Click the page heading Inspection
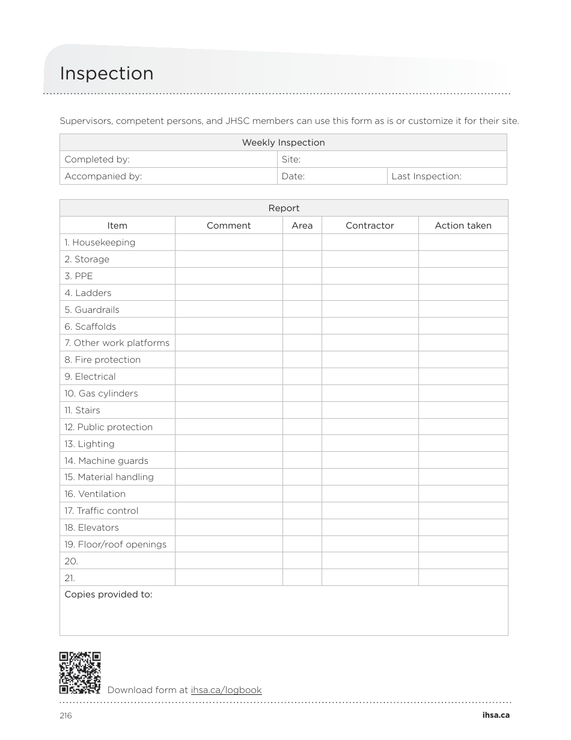point(106,73)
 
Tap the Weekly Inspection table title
point(283,143)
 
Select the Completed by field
point(168,159)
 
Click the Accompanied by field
point(168,176)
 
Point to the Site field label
point(291,159)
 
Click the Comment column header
point(228,226)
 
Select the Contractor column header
point(370,226)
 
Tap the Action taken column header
point(463,226)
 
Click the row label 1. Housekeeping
point(100,242)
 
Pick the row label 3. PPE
point(79,276)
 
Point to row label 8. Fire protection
point(102,360)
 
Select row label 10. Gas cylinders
point(101,393)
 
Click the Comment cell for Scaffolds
point(228,327)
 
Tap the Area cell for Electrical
point(302,377)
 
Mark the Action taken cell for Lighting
point(463,444)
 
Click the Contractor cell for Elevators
point(370,528)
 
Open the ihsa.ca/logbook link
point(226,690)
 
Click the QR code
point(80,673)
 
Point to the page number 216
point(66,715)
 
